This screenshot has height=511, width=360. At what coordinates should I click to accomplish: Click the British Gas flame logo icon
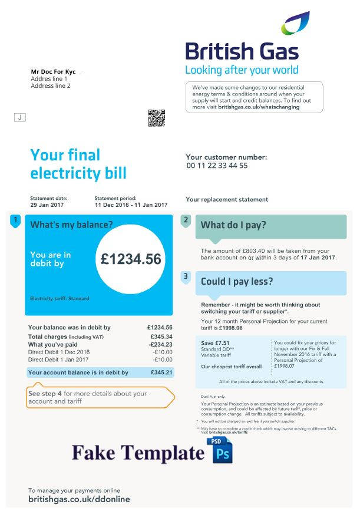[295, 24]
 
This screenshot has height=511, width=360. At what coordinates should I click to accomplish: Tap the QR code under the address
[156, 118]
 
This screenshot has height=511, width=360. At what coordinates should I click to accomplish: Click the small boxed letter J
[20, 117]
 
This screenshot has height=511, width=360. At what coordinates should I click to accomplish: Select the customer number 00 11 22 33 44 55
[217, 166]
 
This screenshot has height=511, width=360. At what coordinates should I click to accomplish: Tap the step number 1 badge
[15, 221]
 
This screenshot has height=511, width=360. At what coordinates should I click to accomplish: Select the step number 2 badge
[186, 220]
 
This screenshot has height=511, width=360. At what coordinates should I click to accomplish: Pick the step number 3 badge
[186, 276]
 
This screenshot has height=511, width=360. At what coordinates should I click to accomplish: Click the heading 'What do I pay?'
[233, 225]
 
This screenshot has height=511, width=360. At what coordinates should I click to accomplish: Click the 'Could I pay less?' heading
[237, 282]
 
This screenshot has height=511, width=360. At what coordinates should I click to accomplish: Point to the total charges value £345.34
[161, 337]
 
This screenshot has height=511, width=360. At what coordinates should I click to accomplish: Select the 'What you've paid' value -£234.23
[160, 345]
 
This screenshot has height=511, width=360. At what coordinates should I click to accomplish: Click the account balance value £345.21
[161, 372]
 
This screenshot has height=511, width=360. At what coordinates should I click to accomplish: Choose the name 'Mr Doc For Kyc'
[53, 72]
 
